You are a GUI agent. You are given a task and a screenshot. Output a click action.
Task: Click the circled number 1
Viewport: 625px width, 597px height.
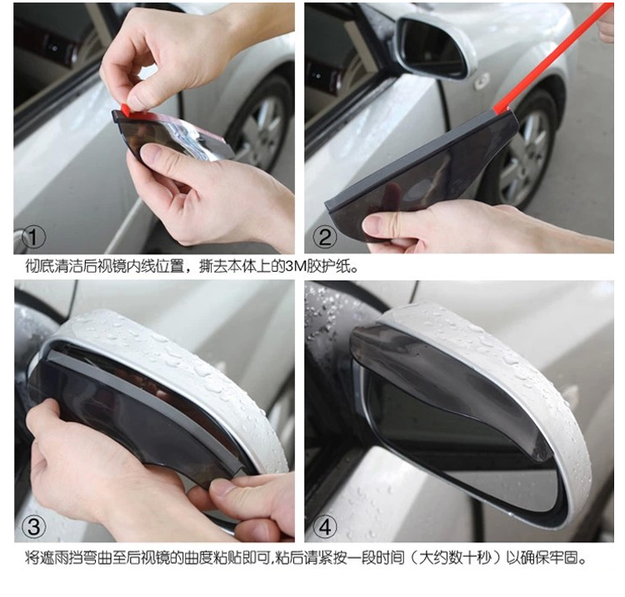pos(33,238)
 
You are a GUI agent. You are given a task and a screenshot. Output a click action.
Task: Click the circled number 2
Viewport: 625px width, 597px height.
pos(325,238)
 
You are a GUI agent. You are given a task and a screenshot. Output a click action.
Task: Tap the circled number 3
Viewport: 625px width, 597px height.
pos(34,526)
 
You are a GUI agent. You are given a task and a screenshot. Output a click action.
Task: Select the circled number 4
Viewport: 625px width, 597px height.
pos(325,527)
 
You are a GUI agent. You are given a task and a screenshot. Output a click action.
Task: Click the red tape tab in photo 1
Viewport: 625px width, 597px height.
pos(126,110)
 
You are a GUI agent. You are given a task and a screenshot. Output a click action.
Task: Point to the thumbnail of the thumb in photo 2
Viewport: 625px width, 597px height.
pos(373,224)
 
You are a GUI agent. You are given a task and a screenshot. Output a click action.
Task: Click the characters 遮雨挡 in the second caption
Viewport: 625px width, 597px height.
pos(62,557)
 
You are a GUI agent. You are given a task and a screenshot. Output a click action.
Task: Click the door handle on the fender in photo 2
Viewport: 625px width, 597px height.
pos(481,81)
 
